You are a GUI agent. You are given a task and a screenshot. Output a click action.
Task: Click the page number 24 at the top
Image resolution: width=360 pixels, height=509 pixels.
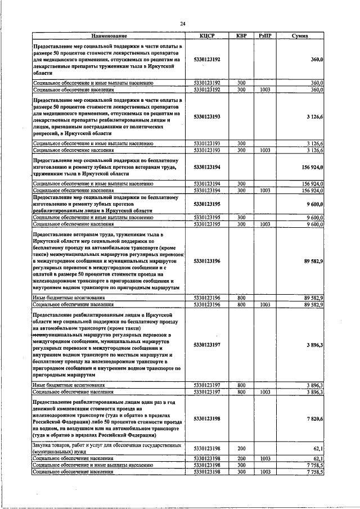(182, 23)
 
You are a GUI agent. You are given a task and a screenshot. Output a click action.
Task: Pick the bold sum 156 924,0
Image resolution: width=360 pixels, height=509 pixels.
(310, 167)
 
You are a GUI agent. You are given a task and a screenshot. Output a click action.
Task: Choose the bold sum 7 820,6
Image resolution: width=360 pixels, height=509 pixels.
(313, 418)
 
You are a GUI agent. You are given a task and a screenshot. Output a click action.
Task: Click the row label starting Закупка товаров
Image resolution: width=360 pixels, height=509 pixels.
(107, 448)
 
